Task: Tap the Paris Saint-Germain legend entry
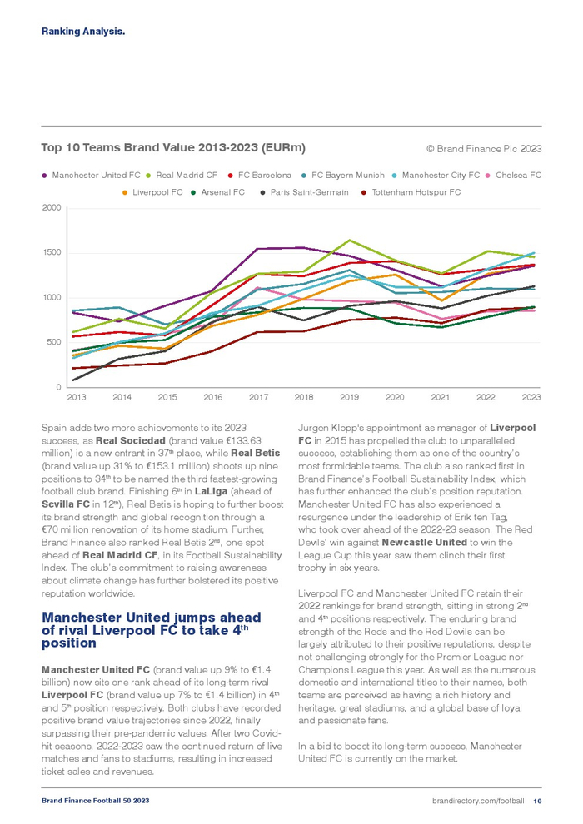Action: click(303, 192)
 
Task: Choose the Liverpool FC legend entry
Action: click(157, 192)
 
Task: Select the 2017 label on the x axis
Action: click(258, 398)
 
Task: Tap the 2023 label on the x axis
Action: click(531, 398)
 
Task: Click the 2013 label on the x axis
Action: click(76, 398)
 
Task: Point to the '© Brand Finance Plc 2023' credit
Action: click(484, 149)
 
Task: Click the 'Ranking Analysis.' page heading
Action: click(83, 32)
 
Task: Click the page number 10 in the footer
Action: click(537, 801)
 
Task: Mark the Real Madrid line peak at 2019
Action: click(349, 240)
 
